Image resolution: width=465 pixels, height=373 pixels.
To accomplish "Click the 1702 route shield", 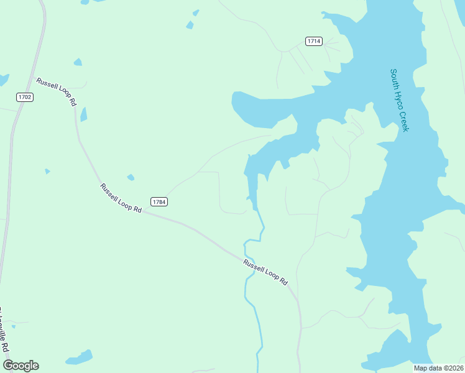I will click(25, 97).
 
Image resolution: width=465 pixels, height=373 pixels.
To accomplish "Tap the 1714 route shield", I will click(314, 41).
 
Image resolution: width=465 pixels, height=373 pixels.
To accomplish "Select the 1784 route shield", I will click(159, 201).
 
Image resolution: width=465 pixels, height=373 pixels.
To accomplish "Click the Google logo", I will click(21, 366).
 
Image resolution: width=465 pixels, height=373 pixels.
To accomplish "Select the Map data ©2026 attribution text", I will click(438, 368).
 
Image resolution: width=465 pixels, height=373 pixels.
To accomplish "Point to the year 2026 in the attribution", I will click(454, 368).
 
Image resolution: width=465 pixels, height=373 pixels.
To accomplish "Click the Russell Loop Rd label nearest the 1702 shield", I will click(56, 92).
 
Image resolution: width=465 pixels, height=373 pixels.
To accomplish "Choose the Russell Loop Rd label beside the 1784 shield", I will click(121, 198).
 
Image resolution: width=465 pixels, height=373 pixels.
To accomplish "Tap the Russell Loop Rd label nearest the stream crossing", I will click(266, 272).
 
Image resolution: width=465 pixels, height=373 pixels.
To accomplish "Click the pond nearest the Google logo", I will click(80, 357).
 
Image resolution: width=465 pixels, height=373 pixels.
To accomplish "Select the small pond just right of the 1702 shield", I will click(83, 114).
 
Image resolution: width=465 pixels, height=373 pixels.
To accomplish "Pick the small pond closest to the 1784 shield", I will click(131, 178).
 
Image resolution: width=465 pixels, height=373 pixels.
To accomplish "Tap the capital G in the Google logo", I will click(8, 365).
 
